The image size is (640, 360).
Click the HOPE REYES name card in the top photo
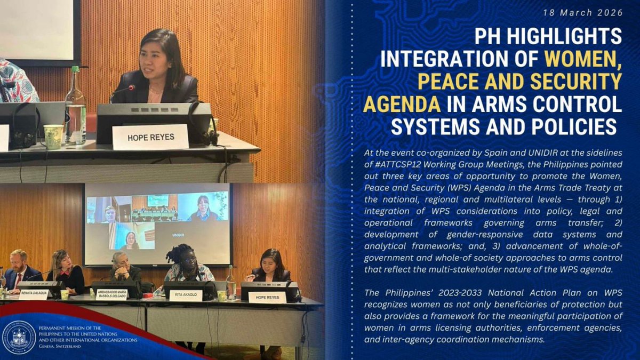[x=150, y=137]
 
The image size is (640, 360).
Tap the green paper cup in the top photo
[x=53, y=137]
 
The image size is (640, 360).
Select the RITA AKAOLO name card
[x=185, y=295]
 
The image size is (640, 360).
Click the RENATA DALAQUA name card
[x=33, y=294]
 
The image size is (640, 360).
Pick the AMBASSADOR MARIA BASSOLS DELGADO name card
[x=111, y=294]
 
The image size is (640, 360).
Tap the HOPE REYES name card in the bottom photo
[x=267, y=297]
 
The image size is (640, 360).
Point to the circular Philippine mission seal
[x=19, y=337]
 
